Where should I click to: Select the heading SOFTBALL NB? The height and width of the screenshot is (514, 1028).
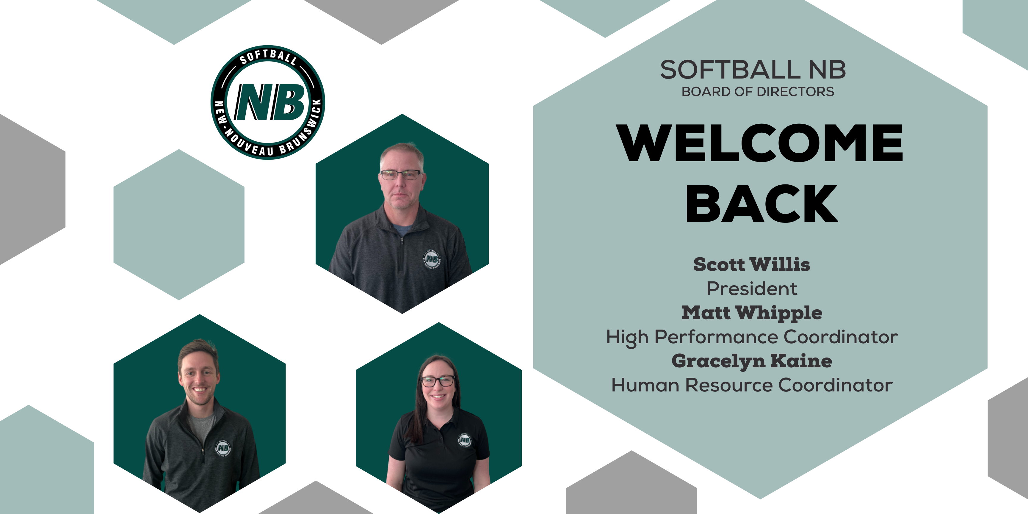[x=753, y=70]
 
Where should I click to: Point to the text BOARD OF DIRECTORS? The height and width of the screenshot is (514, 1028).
[x=757, y=92]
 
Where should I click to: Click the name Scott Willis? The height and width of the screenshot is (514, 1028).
[x=752, y=264]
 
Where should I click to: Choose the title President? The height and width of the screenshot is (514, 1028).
[x=752, y=289]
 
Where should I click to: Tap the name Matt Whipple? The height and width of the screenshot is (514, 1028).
[x=752, y=313]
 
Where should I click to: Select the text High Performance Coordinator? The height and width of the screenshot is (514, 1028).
[x=752, y=338]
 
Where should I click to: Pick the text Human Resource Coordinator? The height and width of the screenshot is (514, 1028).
[x=752, y=385]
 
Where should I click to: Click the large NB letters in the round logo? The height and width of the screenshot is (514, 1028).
[x=270, y=102]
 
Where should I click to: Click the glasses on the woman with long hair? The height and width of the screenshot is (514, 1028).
[x=438, y=381]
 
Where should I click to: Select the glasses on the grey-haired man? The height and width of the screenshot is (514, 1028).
[x=400, y=174]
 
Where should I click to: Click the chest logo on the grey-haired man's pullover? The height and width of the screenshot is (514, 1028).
[x=431, y=259]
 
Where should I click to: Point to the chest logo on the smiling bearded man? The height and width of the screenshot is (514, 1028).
[x=223, y=448]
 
